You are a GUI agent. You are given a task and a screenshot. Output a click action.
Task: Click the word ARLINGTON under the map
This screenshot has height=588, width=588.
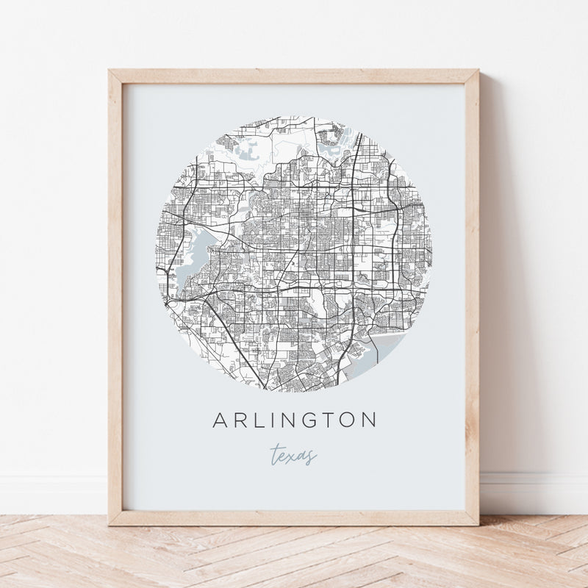click(294, 420)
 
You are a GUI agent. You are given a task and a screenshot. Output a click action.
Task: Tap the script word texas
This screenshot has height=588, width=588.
click(293, 455)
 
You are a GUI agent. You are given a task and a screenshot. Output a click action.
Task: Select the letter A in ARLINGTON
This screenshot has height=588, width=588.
click(220, 420)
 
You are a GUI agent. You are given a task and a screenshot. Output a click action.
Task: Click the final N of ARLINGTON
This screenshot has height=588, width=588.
click(369, 420)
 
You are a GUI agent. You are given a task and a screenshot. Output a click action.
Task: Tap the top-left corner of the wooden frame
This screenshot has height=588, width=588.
click(110, 71)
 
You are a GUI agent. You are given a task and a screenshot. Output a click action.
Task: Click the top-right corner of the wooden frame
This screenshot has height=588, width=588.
click(477, 71)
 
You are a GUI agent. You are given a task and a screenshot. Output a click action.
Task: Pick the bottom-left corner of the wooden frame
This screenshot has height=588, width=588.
click(110, 523)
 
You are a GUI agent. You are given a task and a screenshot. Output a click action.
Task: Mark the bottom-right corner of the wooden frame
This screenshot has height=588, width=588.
click(477, 523)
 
